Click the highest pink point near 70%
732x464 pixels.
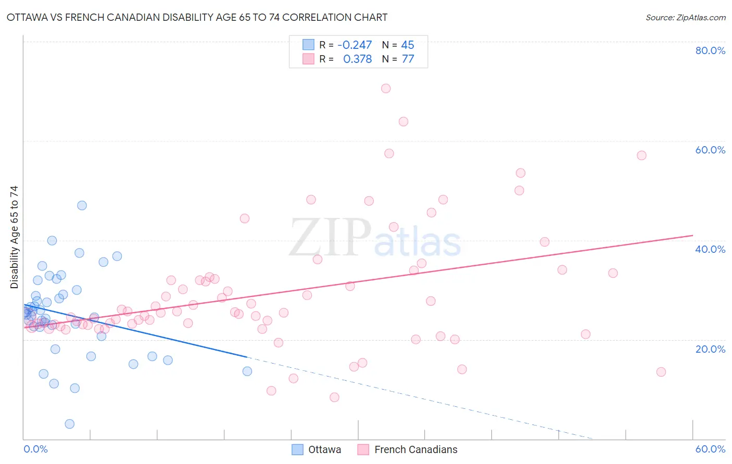point(386,88)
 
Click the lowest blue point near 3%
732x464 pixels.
point(70,424)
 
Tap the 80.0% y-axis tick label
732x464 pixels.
point(710,50)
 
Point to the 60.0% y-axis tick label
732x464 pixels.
point(710,150)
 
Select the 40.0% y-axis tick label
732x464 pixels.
point(710,249)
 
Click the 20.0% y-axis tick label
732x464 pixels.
point(710,349)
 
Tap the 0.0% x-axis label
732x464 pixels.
point(35,449)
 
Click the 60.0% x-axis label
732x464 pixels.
point(710,449)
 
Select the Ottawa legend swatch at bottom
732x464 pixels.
point(297,449)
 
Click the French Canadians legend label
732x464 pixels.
point(415,449)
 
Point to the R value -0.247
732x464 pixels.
point(355,45)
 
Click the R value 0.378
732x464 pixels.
point(357,59)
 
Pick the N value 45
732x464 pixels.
point(408,45)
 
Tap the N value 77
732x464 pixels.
point(408,59)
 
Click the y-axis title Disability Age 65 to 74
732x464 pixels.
point(14,237)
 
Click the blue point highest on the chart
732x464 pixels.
point(82,205)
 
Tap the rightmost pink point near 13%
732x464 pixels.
point(661,372)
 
